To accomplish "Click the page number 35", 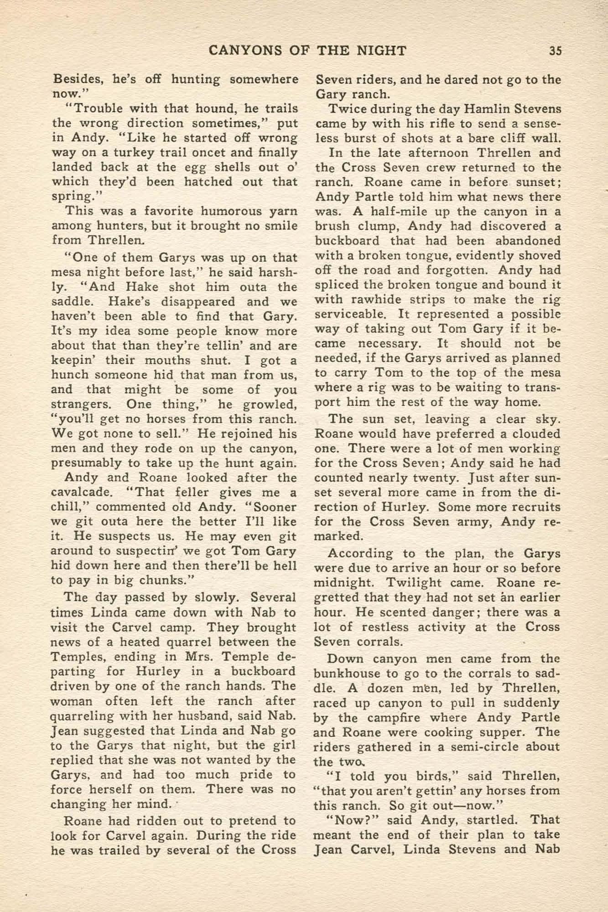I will pyautogui.click(x=555, y=50).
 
